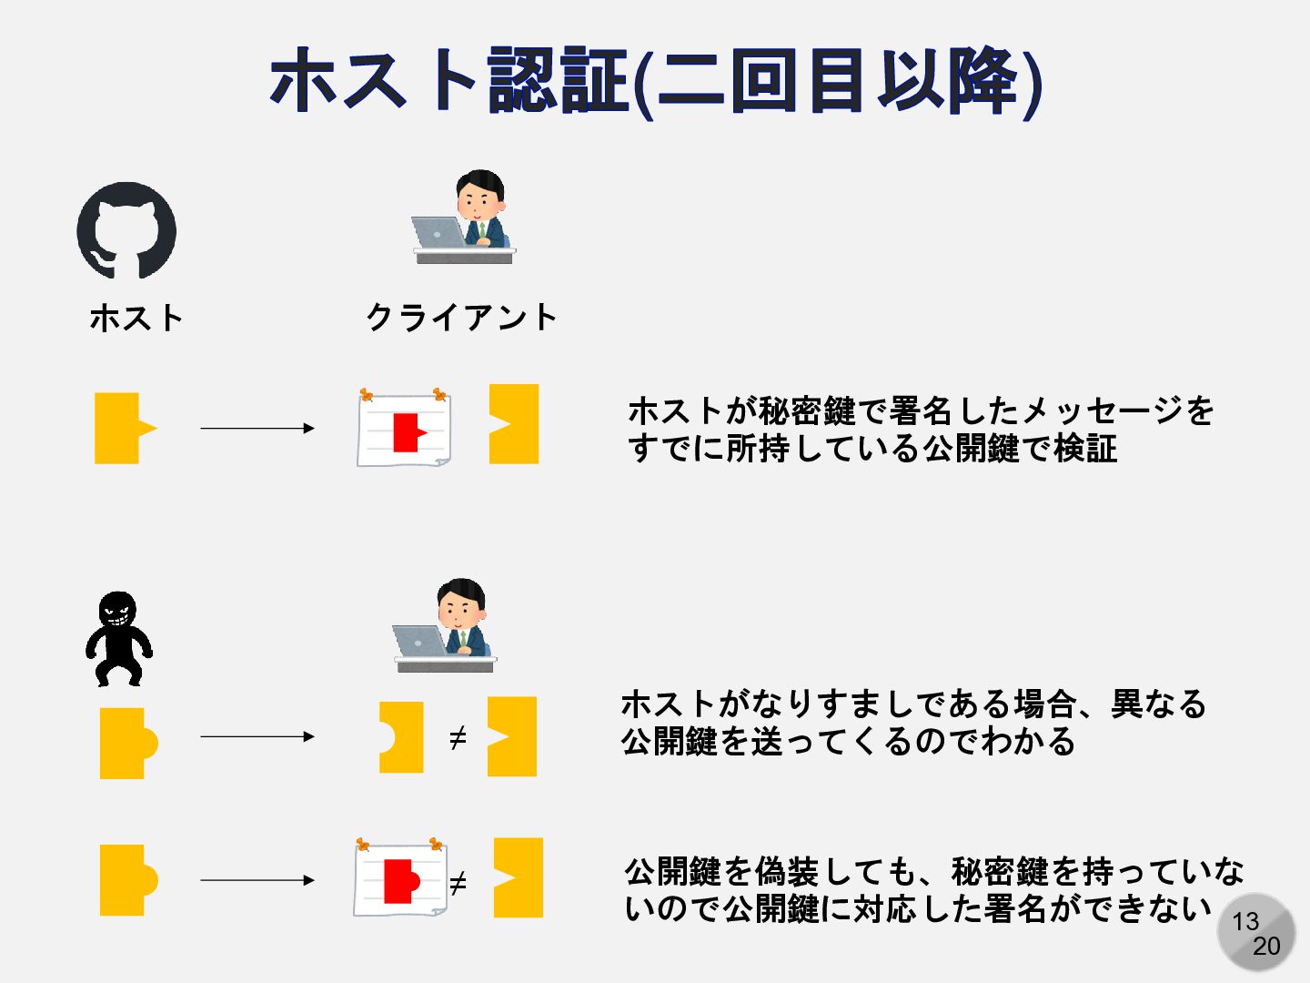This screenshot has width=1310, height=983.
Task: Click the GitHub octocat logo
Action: [126, 231]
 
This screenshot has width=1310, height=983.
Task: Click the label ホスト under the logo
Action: [137, 318]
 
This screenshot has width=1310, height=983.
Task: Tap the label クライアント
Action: [461, 318]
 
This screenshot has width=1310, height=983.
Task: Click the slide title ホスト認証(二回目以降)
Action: [655, 82]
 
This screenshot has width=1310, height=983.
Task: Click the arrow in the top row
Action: [257, 428]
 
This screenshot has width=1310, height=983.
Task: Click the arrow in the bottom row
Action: [257, 880]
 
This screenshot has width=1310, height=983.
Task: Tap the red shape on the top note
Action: [408, 431]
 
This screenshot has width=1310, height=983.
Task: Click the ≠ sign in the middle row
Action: [458, 737]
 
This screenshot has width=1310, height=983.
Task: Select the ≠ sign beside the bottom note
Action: [458, 882]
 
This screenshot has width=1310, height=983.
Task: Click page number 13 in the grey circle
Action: [1245, 922]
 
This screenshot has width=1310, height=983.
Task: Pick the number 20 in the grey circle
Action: [1265, 947]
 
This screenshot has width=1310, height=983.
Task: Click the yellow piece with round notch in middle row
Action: [401, 737]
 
